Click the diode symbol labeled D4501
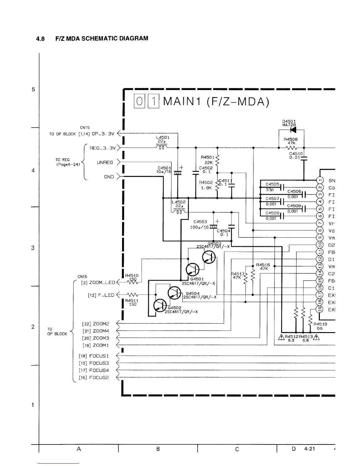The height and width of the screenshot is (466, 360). click(x=293, y=129)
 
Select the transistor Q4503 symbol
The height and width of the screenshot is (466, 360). click(x=209, y=258)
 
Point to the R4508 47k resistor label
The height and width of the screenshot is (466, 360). click(x=291, y=141)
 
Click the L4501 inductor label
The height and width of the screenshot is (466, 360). click(x=163, y=137)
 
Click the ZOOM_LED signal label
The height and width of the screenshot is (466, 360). click(x=102, y=282)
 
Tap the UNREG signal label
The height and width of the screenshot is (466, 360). click(x=105, y=162)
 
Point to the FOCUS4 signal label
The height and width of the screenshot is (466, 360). click(x=99, y=370)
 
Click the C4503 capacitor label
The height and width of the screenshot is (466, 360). click(x=200, y=222)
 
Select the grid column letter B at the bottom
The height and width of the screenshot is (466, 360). click(x=158, y=449)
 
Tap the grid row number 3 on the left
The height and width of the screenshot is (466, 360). click(x=33, y=248)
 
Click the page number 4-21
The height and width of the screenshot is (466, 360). click(x=310, y=449)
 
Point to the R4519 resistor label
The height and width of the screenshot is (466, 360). click(x=320, y=324)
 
